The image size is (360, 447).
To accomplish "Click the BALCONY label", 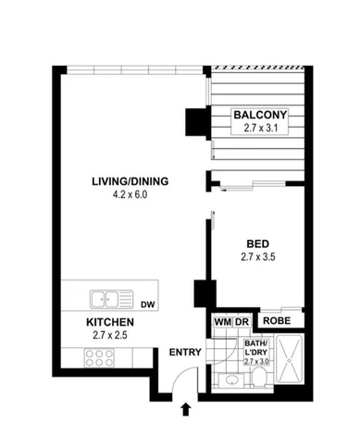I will coord(261,116).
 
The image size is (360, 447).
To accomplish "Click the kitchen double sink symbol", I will coord(110,299).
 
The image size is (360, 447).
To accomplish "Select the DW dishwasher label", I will coord(149,304).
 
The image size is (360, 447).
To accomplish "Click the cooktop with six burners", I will coord(97,357).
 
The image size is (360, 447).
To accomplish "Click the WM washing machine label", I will coord(221,321).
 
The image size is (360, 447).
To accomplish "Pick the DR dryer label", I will coord(242,321).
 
